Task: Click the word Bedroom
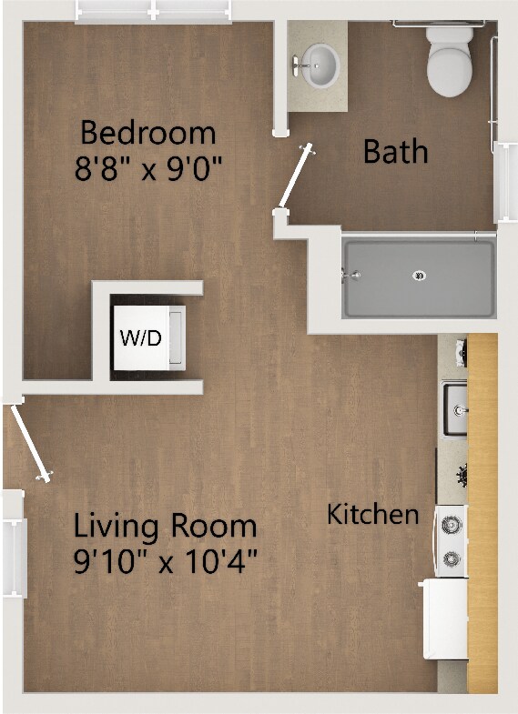point(148,133)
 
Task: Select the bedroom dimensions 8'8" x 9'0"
point(148,168)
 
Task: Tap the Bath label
point(395,150)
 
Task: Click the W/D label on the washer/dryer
point(140,339)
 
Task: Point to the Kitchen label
point(373,515)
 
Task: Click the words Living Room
point(165,526)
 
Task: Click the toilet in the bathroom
point(449,61)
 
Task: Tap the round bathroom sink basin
point(321,63)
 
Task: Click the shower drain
point(420,275)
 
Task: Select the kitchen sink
point(453,409)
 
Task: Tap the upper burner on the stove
point(451,524)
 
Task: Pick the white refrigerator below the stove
point(446,619)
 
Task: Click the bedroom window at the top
point(152,11)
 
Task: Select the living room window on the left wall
point(12,545)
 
